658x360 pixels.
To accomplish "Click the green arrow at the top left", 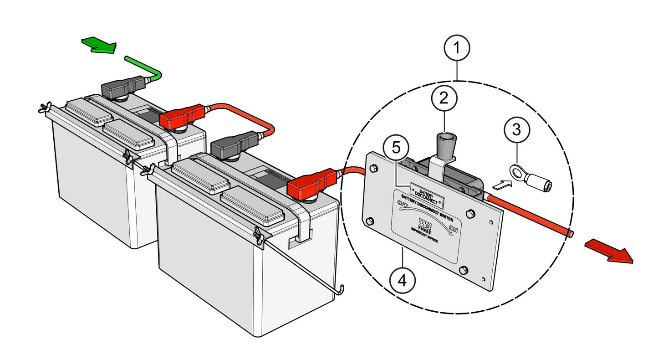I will click(x=99, y=45).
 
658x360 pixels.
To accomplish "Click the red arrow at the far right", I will click(x=608, y=251).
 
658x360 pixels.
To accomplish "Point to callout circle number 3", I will click(x=516, y=130).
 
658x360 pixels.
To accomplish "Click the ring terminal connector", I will click(x=533, y=179).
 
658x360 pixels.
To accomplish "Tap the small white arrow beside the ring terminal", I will click(x=500, y=185).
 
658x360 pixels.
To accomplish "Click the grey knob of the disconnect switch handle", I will click(x=444, y=144).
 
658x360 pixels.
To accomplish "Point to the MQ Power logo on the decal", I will click(x=424, y=223).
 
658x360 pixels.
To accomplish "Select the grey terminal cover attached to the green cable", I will click(x=122, y=88).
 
